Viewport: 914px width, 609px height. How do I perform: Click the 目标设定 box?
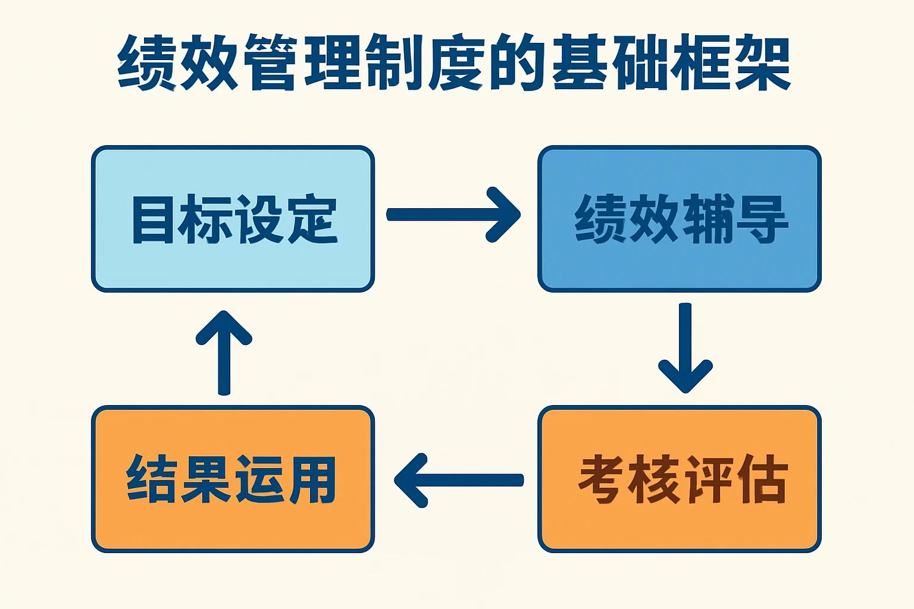[233, 219]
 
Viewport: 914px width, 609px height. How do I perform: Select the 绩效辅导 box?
[679, 219]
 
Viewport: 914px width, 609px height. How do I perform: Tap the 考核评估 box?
[679, 479]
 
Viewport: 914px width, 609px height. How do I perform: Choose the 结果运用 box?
[233, 479]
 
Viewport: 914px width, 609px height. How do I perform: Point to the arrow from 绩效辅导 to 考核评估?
[685, 348]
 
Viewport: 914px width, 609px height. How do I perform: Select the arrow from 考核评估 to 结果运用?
[459, 481]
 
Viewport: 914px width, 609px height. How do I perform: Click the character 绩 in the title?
[147, 63]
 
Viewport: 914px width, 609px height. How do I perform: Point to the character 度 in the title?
[455, 63]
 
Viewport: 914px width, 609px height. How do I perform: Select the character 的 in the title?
[517, 63]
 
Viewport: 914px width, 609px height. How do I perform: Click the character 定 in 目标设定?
[312, 219]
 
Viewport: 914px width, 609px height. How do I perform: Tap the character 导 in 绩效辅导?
[762, 219]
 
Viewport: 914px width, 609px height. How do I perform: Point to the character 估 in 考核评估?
[762, 479]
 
